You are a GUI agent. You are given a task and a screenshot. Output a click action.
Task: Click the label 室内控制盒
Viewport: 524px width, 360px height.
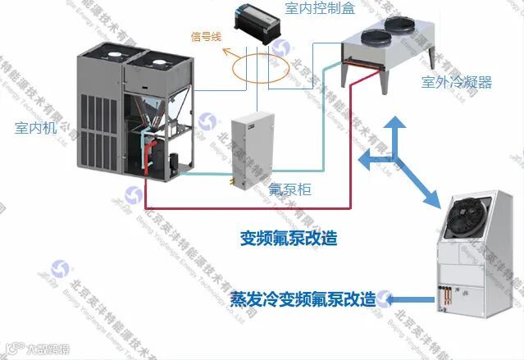coord(319,8)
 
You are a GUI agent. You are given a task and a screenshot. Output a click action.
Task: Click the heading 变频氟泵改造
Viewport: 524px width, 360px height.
coord(289,239)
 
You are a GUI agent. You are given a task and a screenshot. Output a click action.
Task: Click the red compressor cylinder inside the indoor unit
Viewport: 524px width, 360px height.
coord(153,157)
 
